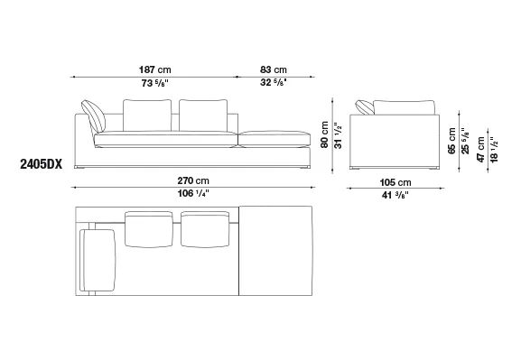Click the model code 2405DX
42,164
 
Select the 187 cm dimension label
154,69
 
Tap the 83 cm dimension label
273,69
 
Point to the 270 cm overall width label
193,180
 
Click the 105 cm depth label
395,182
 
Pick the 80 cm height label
325,134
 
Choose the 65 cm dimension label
451,141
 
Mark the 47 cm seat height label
480,150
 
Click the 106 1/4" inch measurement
193,193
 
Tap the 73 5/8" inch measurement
154,83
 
